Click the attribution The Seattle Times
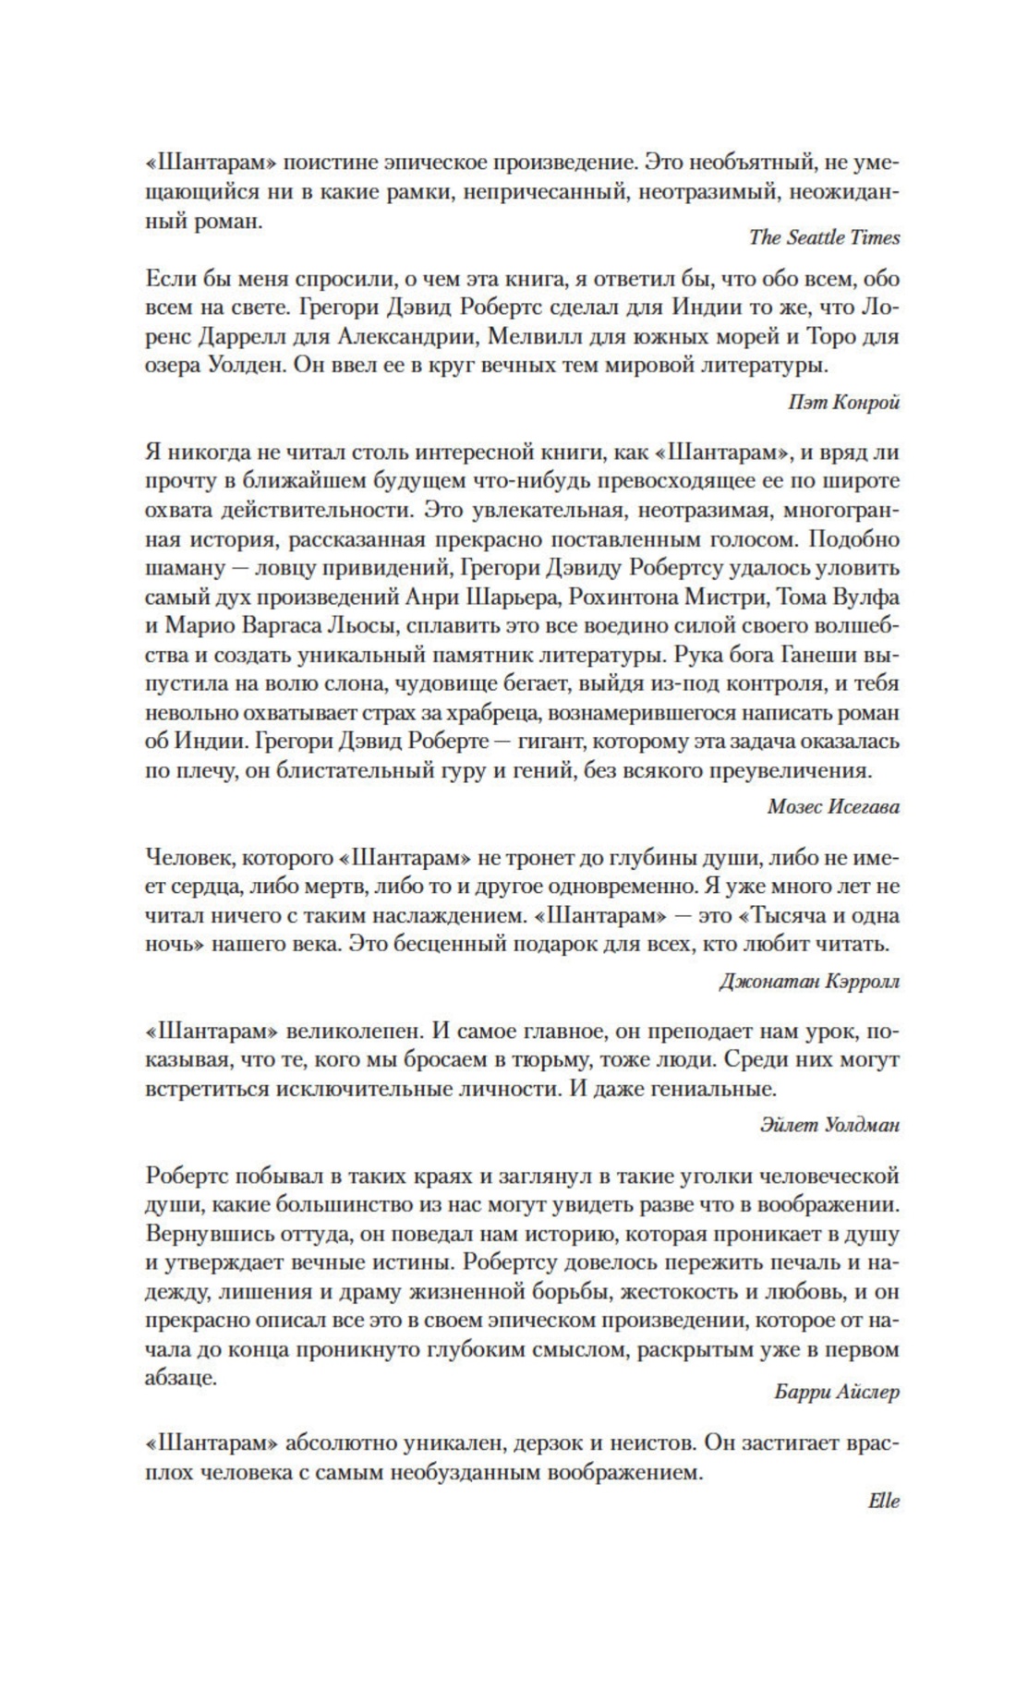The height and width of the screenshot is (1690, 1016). click(824, 237)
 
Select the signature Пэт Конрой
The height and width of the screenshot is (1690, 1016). click(844, 402)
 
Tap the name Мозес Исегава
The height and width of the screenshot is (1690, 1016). click(833, 806)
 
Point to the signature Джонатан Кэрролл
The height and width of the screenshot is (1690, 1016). click(809, 981)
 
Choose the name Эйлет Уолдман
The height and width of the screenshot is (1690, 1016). click(829, 1125)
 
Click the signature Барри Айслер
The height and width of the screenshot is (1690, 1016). click(836, 1393)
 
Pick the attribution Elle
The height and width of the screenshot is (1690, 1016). click(884, 1501)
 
